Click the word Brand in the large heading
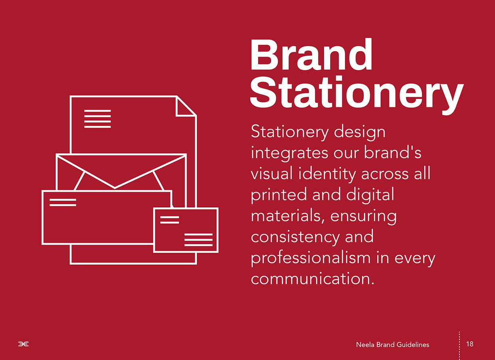[x=311, y=54]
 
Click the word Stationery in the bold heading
[x=356, y=95]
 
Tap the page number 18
[x=470, y=344]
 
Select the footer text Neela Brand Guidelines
[x=393, y=344]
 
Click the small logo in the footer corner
[x=24, y=344]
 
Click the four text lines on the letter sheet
[x=97, y=119]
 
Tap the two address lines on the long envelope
[x=63, y=202]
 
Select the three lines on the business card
[x=198, y=240]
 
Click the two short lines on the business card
[x=170, y=220]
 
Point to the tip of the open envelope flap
[x=115, y=188]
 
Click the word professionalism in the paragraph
[x=311, y=259]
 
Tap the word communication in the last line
[x=313, y=279]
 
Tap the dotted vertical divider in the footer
[x=459, y=346]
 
